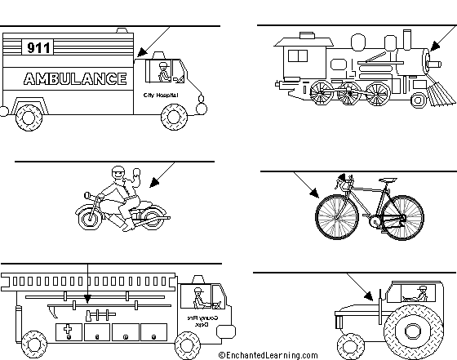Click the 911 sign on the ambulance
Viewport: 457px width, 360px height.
coord(38,47)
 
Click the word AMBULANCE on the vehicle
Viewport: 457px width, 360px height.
coord(75,79)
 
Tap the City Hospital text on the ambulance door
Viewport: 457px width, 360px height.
coord(159,96)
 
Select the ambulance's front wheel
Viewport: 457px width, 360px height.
coord(174,116)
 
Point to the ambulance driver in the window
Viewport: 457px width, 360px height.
coord(162,70)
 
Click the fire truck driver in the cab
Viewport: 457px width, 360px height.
coord(198,295)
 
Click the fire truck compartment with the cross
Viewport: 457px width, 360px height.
coord(68,331)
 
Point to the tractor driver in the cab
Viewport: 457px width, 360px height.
coord(421,293)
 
